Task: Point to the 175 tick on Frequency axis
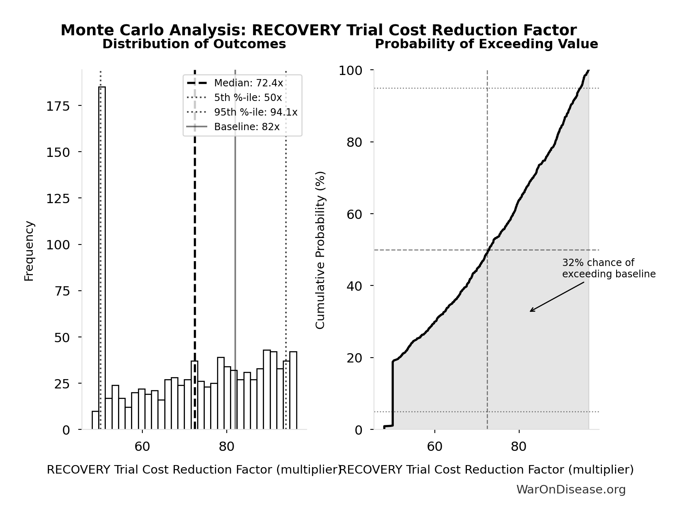click(x=58, y=106)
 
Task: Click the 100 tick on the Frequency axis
click(x=58, y=245)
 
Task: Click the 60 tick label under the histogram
click(x=142, y=447)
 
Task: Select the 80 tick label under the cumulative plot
click(x=518, y=447)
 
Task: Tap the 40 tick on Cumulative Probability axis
click(x=354, y=286)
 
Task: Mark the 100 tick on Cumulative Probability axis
click(x=350, y=71)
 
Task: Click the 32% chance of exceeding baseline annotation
click(x=608, y=268)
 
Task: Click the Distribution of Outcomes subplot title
click(x=194, y=44)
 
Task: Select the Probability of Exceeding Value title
click(x=486, y=44)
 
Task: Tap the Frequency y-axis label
click(x=29, y=251)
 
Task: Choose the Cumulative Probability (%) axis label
click(x=320, y=250)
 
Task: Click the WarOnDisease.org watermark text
click(x=571, y=490)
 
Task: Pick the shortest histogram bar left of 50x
click(x=95, y=420)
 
